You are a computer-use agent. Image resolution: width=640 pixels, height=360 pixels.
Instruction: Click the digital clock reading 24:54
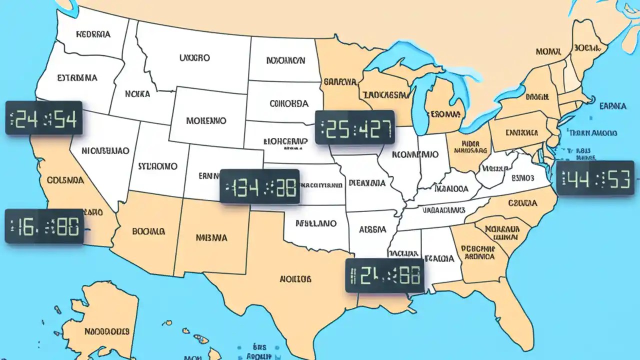click(43, 118)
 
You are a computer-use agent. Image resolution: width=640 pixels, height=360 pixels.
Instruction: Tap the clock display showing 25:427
click(355, 127)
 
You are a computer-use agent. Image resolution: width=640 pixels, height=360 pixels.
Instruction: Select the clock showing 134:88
click(259, 186)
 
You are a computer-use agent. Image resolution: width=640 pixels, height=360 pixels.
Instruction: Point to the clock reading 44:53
click(595, 178)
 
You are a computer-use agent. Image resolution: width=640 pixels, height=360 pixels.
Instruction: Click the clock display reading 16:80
click(44, 226)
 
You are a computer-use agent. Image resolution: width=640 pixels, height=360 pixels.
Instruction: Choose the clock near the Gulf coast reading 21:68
click(384, 275)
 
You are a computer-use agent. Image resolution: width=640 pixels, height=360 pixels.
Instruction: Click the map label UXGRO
click(194, 58)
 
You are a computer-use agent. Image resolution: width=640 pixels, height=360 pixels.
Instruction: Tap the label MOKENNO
click(206, 121)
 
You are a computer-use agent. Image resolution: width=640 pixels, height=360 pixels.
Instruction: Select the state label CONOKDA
click(289, 103)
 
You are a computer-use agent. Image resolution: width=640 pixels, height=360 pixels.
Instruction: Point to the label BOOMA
click(148, 231)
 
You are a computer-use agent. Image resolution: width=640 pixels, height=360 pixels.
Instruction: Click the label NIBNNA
click(211, 237)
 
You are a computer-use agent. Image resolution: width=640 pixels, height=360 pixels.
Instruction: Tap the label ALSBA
click(372, 229)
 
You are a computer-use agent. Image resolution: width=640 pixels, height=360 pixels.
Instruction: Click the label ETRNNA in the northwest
click(77, 78)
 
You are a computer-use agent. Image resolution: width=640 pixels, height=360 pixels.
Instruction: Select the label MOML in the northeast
click(548, 51)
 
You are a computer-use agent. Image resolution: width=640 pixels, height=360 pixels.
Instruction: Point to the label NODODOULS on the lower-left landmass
click(106, 331)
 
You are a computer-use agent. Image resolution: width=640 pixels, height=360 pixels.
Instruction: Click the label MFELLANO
click(315, 223)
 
